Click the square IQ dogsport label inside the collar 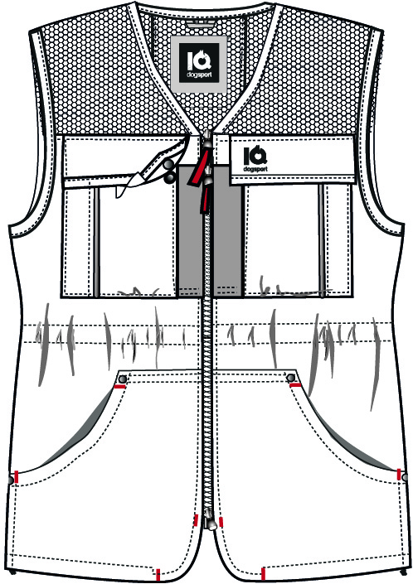tap(199, 64)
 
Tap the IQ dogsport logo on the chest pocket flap tap(255, 159)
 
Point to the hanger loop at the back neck tap(202, 25)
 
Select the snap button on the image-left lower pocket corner tap(122, 379)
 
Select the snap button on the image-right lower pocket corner tap(291, 378)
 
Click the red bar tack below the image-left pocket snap tap(119, 387)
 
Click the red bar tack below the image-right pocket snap tap(295, 384)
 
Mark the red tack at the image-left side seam tap(17, 476)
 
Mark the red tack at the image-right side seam tap(399, 475)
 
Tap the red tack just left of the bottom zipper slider tap(196, 520)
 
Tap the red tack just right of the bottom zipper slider tap(221, 522)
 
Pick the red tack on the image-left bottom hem tap(158, 574)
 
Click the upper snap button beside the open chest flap tap(168, 164)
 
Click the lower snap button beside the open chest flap tap(170, 177)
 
